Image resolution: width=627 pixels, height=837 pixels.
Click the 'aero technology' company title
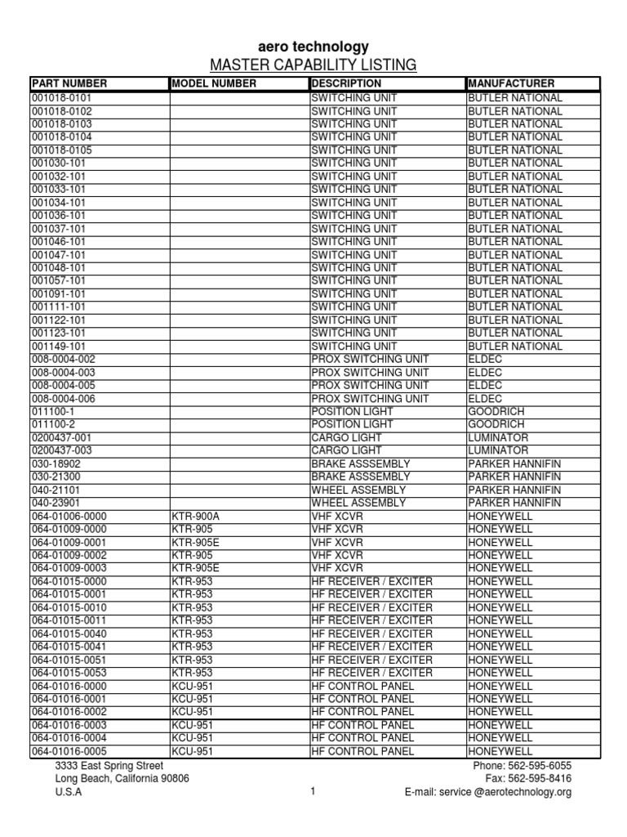point(313,47)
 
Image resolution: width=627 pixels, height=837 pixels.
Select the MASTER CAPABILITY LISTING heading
point(313,65)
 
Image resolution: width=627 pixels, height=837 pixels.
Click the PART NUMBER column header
point(69,83)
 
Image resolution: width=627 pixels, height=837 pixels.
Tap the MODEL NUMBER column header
point(214,83)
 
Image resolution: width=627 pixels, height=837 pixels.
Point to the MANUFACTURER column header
point(511,83)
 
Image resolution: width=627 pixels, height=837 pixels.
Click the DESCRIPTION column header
point(346,83)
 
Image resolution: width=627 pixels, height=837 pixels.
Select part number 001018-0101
point(62,98)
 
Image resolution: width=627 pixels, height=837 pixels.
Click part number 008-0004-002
point(64,360)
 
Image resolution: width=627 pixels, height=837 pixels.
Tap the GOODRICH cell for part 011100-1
point(496,412)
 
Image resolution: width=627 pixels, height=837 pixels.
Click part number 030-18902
point(56,464)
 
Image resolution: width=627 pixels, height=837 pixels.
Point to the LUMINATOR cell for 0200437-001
point(498,438)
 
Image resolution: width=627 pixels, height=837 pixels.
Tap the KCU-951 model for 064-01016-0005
point(193,751)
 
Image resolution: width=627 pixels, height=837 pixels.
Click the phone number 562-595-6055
point(542,766)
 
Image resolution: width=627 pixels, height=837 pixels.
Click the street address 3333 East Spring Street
point(109,766)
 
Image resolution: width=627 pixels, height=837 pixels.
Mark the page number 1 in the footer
point(313,792)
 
